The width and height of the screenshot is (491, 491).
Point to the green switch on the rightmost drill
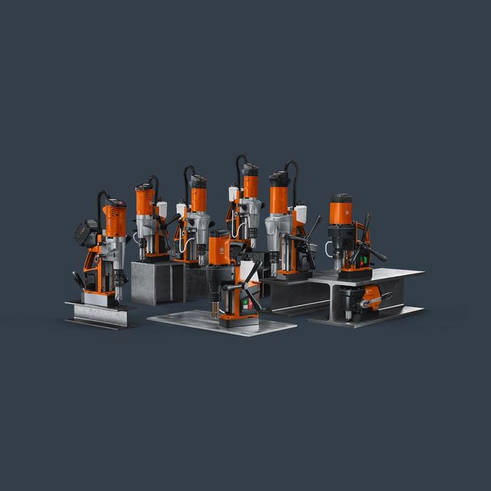[363, 259]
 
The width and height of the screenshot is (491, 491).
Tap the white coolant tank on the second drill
[162, 209]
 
